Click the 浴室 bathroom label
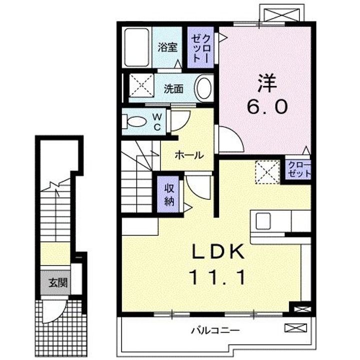(167, 48)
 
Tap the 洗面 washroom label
(174, 89)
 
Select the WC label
(156, 122)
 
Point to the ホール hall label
(188, 155)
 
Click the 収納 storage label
(168, 193)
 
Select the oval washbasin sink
(202, 89)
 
